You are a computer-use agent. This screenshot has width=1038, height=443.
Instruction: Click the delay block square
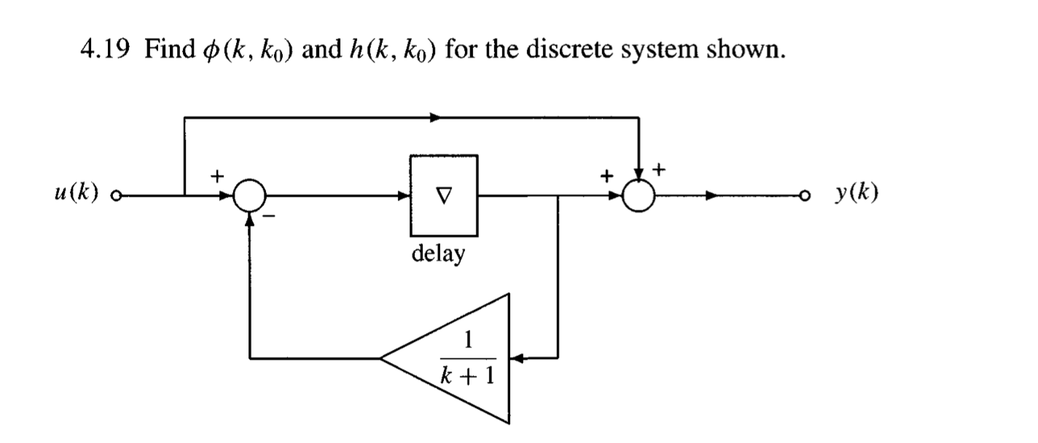(x=443, y=195)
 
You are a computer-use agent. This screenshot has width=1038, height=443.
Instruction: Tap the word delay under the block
(x=438, y=255)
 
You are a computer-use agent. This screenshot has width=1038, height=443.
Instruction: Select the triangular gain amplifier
(x=459, y=358)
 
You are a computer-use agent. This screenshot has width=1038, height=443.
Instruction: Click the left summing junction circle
(x=250, y=195)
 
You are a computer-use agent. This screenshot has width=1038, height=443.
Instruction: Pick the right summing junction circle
(x=639, y=195)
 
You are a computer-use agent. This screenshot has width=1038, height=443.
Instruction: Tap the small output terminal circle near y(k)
(x=805, y=195)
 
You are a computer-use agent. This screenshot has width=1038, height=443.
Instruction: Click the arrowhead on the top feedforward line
(x=436, y=117)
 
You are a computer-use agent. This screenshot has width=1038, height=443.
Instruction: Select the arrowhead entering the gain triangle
(x=515, y=358)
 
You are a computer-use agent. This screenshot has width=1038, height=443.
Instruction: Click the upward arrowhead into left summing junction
(x=250, y=220)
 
